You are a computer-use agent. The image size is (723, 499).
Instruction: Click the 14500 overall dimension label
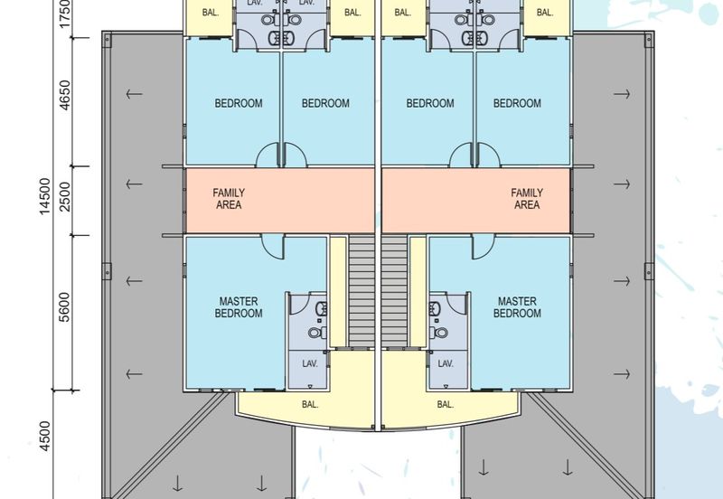tap(44, 196)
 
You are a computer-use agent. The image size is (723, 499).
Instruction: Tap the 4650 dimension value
tap(65, 96)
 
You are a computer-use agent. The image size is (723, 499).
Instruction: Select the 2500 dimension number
tap(65, 197)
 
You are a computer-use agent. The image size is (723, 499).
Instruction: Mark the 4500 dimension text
tap(44, 437)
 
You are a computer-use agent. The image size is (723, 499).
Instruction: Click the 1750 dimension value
tap(65, 13)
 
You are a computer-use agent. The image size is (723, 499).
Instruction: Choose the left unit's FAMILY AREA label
tap(229, 199)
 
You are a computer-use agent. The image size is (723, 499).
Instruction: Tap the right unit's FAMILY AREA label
tap(527, 199)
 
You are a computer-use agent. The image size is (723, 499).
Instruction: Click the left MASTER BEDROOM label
tap(239, 307)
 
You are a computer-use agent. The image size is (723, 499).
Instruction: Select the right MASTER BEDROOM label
tap(517, 307)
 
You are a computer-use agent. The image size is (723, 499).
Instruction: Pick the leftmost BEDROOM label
tap(239, 103)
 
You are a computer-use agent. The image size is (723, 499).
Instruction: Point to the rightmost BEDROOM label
tap(517, 103)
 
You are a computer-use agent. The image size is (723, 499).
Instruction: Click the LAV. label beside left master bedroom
tap(310, 364)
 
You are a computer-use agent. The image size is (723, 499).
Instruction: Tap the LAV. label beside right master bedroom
tap(446, 364)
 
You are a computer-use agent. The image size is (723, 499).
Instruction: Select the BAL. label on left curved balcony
tap(310, 404)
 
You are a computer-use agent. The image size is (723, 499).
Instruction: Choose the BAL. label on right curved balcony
tap(445, 404)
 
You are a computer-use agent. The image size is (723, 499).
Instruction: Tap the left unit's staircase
tap(361, 291)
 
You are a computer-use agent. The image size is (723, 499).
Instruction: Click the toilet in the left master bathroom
tap(317, 332)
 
